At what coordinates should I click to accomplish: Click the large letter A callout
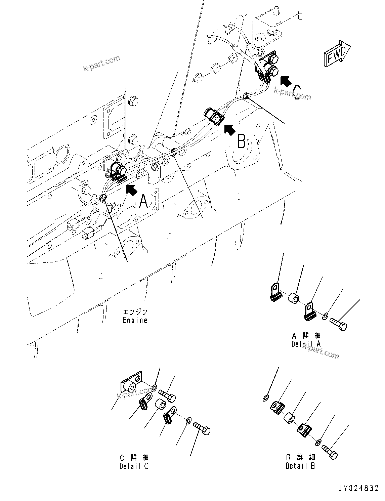point(143,201)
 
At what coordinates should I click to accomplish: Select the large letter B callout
point(241,141)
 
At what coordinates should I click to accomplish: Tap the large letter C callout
point(297,92)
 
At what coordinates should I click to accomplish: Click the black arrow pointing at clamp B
point(230,130)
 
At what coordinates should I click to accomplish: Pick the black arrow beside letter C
point(286,81)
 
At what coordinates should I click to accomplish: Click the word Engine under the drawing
point(135,320)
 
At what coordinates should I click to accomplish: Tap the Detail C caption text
point(134,466)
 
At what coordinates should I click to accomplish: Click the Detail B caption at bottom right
point(300,466)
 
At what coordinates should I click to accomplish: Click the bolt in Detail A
point(339,324)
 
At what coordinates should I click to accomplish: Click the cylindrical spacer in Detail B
point(289,419)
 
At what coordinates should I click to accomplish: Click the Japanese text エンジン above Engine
point(135,312)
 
